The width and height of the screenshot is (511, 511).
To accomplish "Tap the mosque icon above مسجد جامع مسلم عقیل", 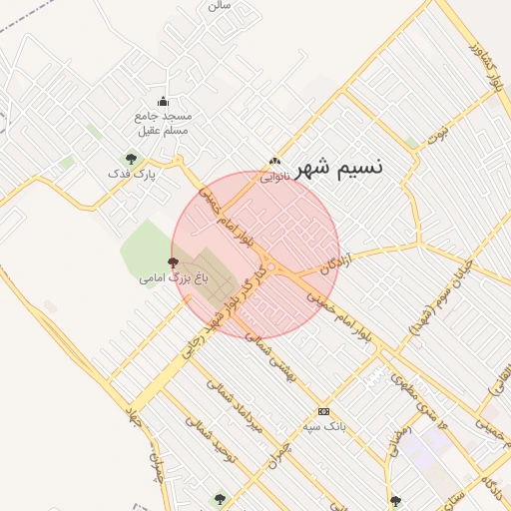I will pyautogui.click(x=164, y=101).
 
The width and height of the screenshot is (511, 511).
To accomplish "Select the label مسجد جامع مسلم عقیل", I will pyautogui.click(x=162, y=123).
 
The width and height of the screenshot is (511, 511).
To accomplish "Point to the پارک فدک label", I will pyautogui.click(x=132, y=175).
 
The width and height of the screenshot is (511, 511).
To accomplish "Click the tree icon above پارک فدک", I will pyautogui.click(x=130, y=158).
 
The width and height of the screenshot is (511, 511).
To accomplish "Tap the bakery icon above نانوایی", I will pyautogui.click(x=275, y=162).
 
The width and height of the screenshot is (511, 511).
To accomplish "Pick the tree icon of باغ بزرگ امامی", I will pyautogui.click(x=175, y=261).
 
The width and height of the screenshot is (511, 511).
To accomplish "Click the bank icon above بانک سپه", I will pyautogui.click(x=323, y=410).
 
